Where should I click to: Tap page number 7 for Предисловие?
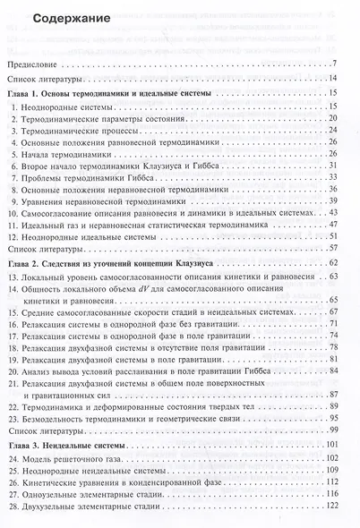[x=332, y=63]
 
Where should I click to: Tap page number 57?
[x=330, y=247]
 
